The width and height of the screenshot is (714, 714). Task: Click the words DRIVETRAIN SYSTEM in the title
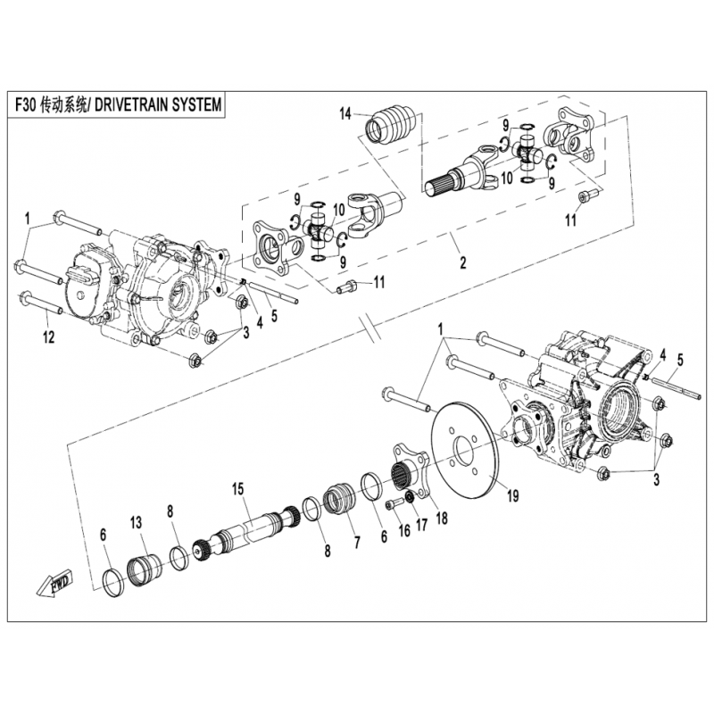[x=159, y=105]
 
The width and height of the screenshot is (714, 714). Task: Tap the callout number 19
[x=512, y=495]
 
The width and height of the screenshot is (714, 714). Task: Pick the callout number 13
[x=137, y=523]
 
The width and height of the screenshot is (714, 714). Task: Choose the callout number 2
[x=462, y=262]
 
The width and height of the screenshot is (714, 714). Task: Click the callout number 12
[x=49, y=337]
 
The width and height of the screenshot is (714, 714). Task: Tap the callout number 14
[x=345, y=114]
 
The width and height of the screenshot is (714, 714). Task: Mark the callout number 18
[x=442, y=518]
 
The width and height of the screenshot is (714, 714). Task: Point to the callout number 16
[x=405, y=530]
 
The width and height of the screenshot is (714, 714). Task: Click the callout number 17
[x=422, y=525]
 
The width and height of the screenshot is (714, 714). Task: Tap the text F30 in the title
[x=25, y=105]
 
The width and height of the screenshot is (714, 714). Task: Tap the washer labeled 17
[x=410, y=496]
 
